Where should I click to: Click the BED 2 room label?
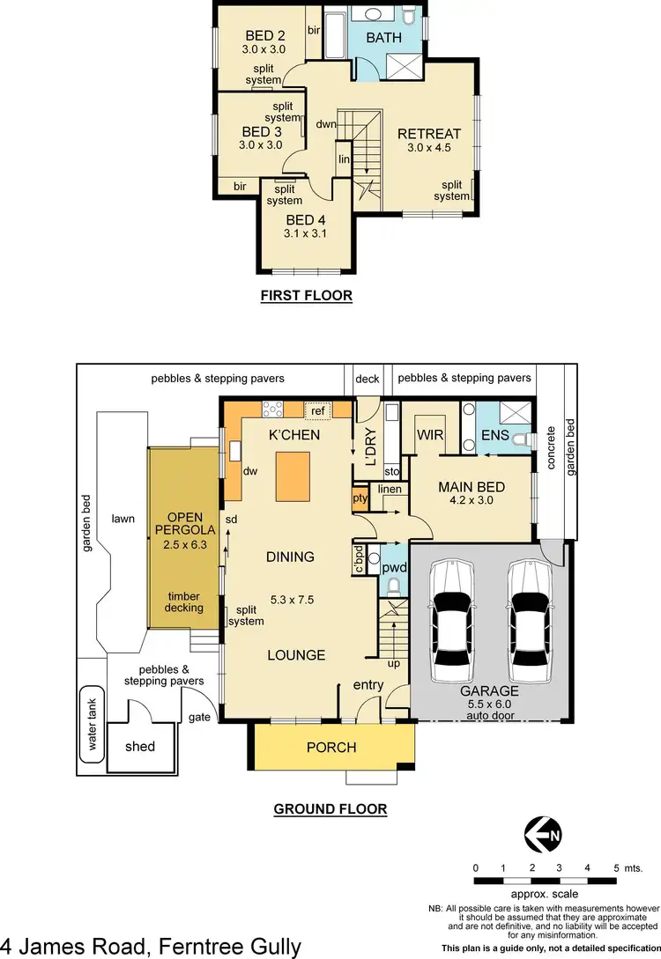261,36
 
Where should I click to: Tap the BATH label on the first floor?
383,38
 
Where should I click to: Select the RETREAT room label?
429,134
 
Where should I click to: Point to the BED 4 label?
306,220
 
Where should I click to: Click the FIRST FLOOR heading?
306,296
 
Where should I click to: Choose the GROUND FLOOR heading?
330,809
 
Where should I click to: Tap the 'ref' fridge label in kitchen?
317,409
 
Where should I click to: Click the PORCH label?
330,748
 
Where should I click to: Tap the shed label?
139,747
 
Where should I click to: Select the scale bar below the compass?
545,881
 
